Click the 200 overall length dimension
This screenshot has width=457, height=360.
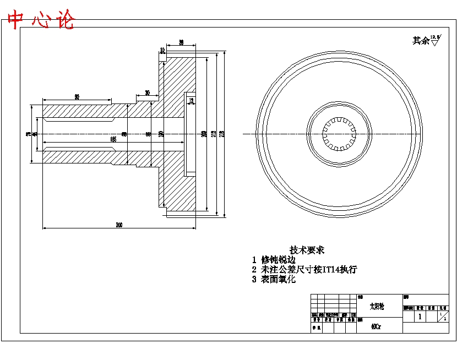coord(118,225)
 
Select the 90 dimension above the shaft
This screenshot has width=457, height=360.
coord(77,97)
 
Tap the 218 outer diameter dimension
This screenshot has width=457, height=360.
coord(222,134)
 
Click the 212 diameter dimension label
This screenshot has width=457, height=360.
coord(213,134)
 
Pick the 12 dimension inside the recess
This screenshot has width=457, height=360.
coord(191,101)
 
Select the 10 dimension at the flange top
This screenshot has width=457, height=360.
coord(162,50)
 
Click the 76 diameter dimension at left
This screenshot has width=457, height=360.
coord(28,134)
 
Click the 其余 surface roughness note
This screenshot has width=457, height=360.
coord(420,40)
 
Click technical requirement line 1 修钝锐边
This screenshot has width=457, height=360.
coord(274,259)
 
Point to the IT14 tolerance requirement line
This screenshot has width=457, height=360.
coord(304,269)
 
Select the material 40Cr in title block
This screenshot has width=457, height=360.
coord(376,326)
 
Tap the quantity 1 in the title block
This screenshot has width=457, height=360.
coord(420,317)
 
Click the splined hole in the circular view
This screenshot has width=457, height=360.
coord(340,134)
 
